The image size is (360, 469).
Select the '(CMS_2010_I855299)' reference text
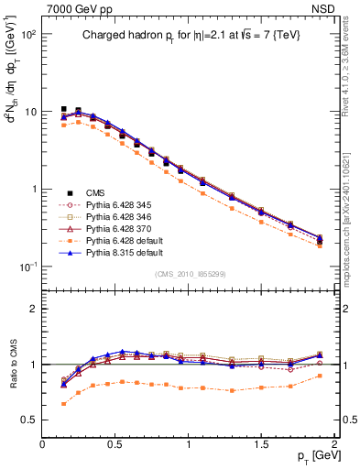[191, 273]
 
